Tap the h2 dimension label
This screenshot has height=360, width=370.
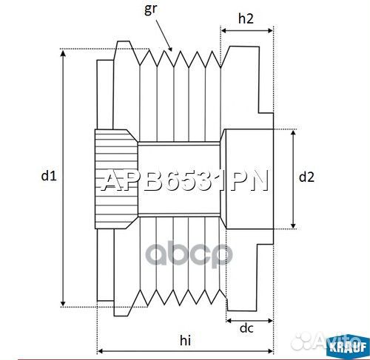pyautogui.click(x=247, y=20)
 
